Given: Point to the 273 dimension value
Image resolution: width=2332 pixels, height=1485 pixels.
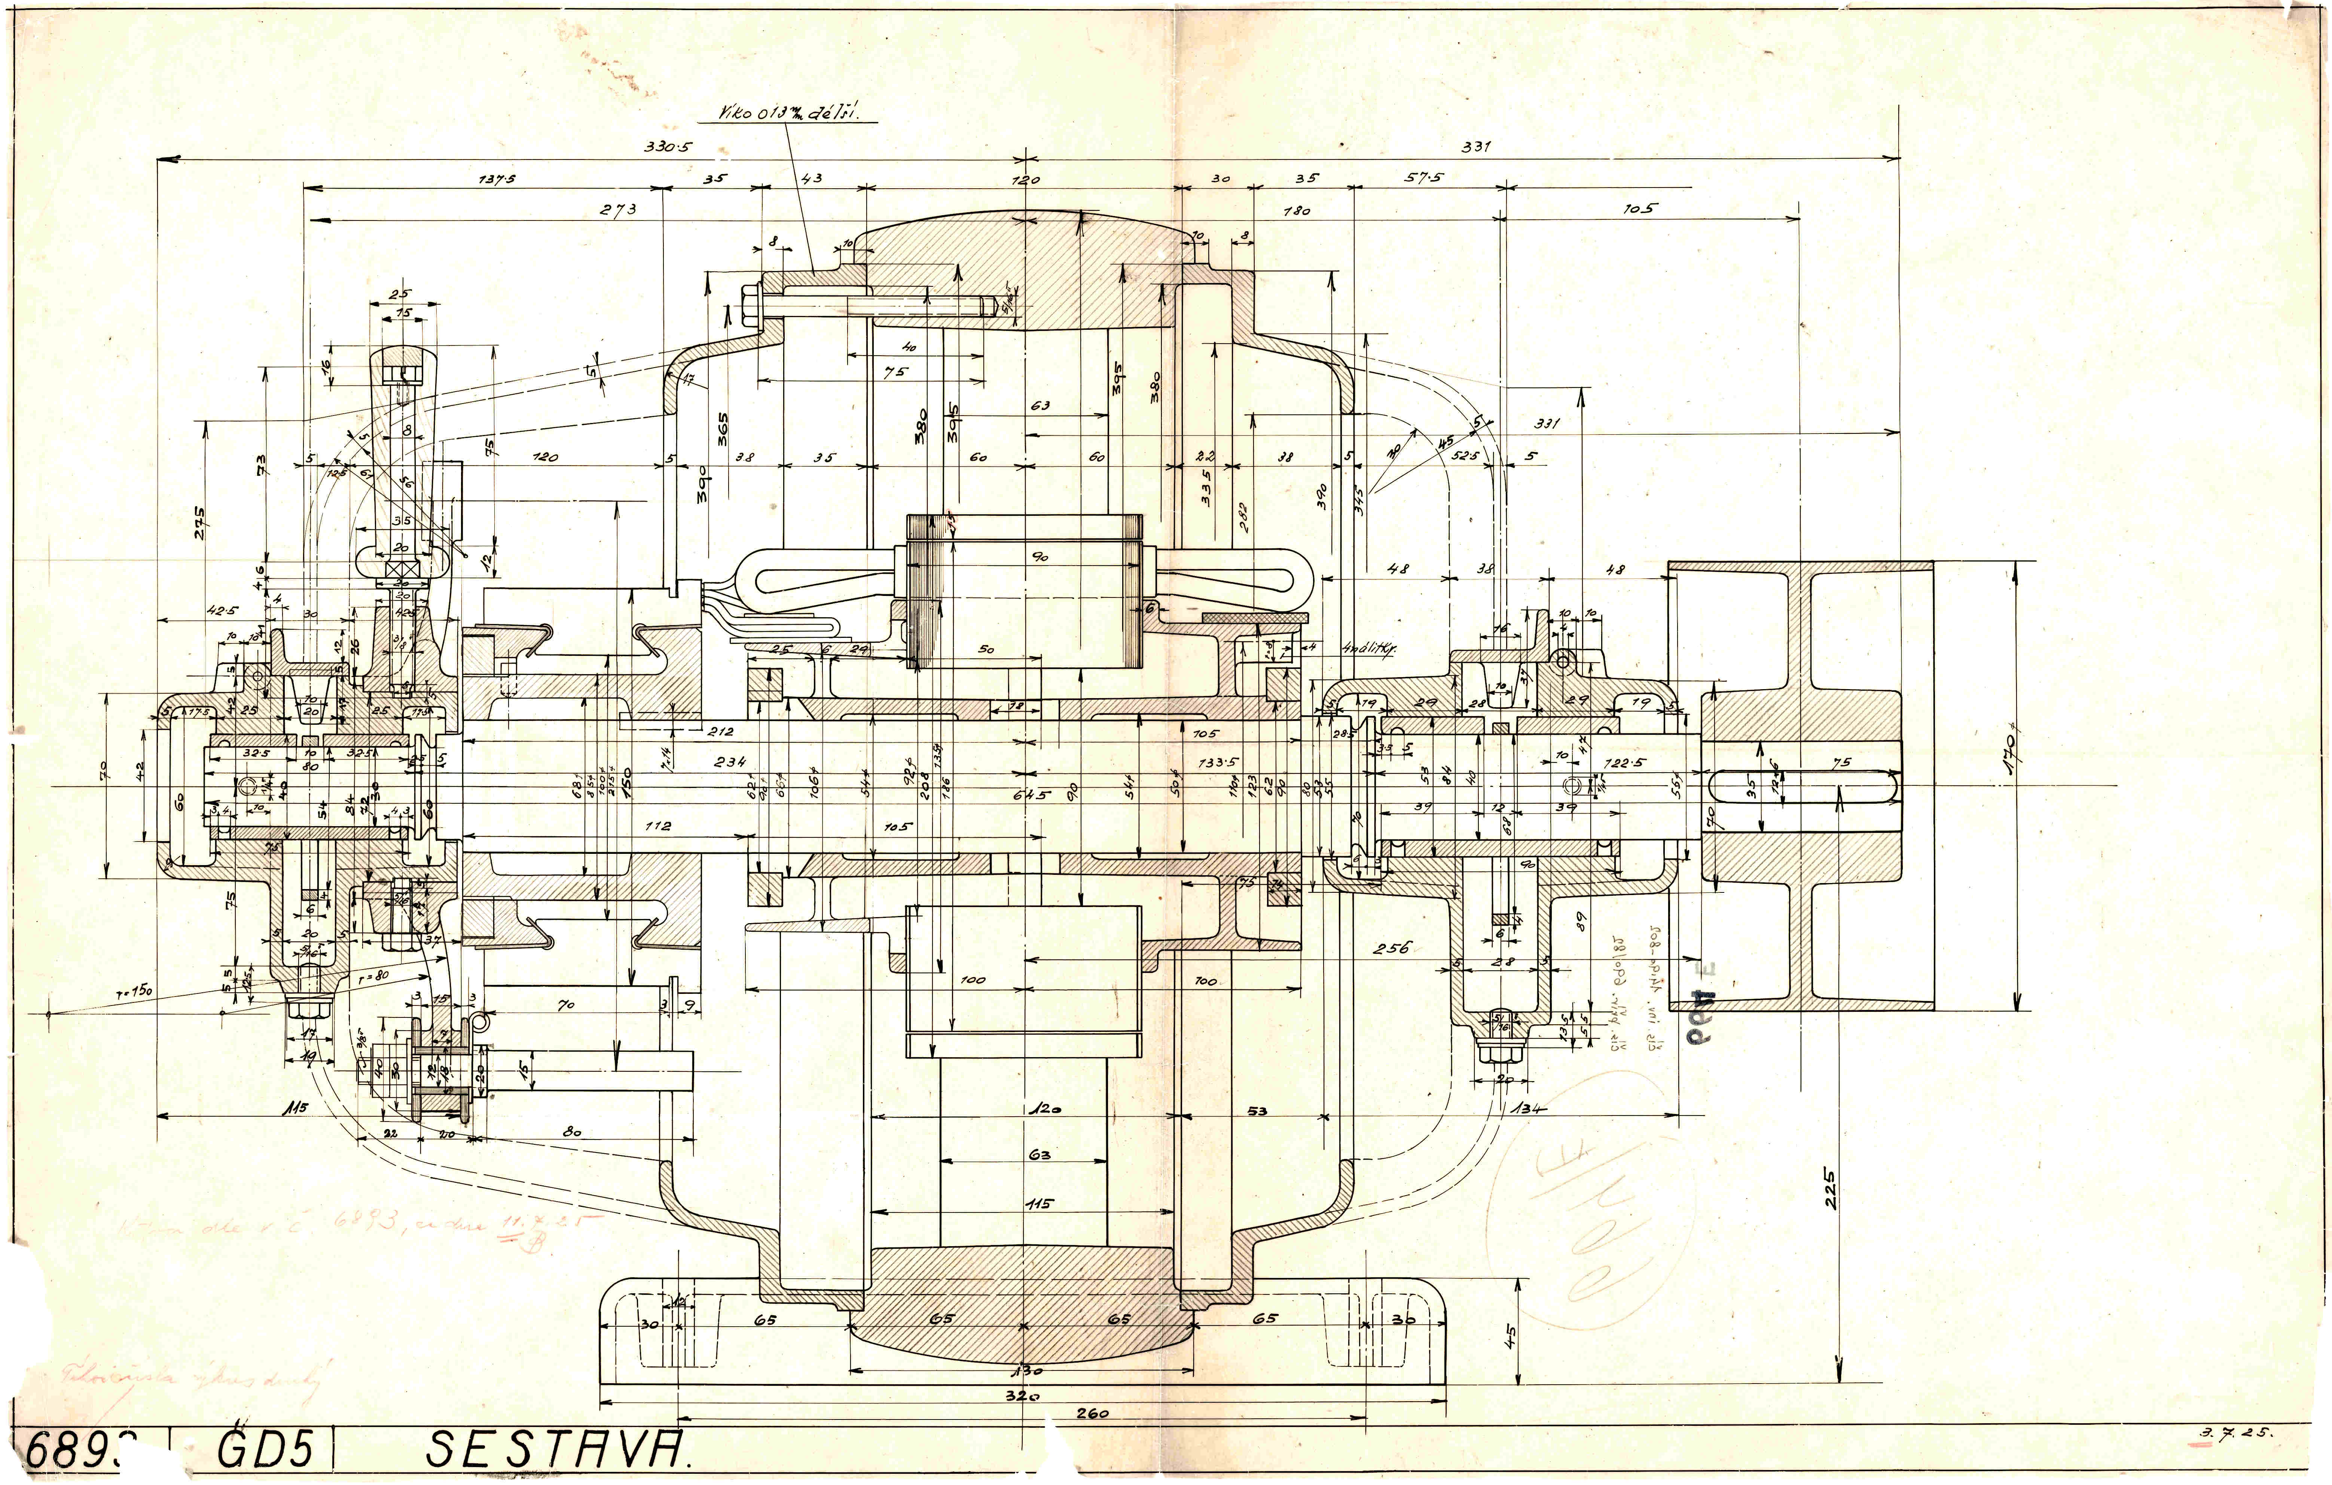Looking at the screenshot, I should pos(618,208).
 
